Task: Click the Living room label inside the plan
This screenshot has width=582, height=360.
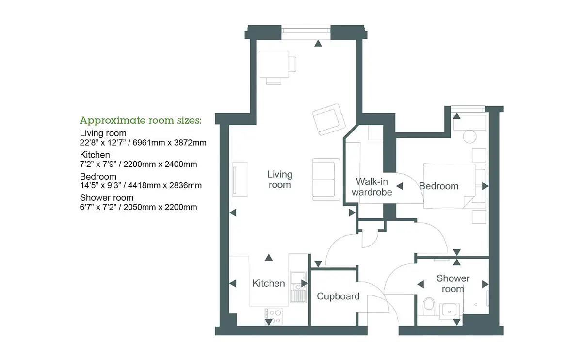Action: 279,180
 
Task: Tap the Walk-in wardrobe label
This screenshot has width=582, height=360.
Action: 372,187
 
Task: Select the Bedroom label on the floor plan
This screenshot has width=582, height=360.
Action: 438,186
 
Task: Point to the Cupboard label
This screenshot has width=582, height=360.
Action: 338,296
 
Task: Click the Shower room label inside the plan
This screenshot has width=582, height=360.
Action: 453,283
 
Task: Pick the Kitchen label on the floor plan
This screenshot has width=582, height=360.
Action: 268,283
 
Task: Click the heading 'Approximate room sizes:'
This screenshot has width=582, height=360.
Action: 141,120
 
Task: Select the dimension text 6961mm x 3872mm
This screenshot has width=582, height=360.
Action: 169,143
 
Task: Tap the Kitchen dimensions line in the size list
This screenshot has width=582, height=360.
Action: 139,164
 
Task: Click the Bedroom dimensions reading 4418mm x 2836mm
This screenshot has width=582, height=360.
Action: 165,186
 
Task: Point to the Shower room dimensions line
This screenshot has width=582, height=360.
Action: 139,207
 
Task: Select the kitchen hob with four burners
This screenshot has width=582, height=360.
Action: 273,316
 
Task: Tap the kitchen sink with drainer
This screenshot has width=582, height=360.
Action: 298,287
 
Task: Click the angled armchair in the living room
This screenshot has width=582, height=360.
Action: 329,119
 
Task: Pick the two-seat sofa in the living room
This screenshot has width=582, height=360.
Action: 326,180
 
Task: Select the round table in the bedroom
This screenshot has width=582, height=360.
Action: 469,136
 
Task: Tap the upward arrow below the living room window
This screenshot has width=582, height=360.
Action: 318,43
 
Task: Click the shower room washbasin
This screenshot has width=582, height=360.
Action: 449,310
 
